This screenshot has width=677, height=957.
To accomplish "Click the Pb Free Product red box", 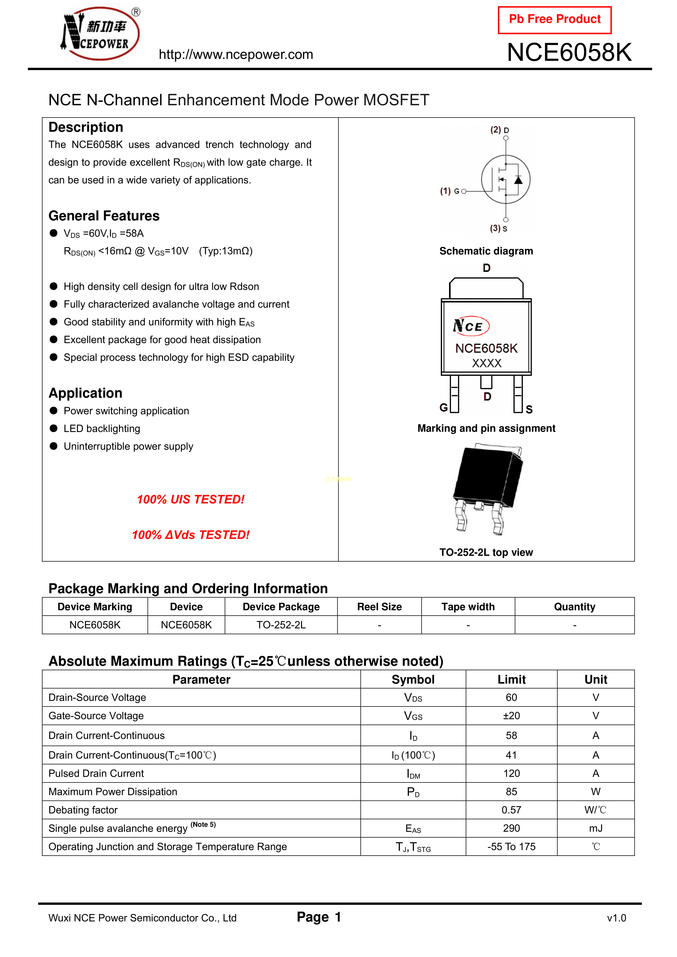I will click(554, 20).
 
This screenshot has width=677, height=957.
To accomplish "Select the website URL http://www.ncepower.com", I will click(236, 55).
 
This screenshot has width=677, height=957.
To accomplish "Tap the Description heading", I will click(86, 127).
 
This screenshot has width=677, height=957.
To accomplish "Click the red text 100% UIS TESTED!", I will click(191, 499).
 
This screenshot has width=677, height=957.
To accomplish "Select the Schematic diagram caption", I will click(486, 251).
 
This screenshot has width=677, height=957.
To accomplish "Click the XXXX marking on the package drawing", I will click(486, 363).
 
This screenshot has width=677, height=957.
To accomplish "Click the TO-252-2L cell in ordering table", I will click(281, 625).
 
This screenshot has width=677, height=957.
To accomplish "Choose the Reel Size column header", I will click(379, 607).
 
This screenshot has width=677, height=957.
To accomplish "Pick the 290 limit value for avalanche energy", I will click(511, 828).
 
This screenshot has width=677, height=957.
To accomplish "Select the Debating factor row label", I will click(83, 810).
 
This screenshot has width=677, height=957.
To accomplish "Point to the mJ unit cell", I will click(596, 828).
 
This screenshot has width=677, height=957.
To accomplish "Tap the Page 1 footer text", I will click(319, 917).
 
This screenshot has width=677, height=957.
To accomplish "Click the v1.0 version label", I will click(616, 918).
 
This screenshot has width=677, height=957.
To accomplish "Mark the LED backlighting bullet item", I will click(102, 428).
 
